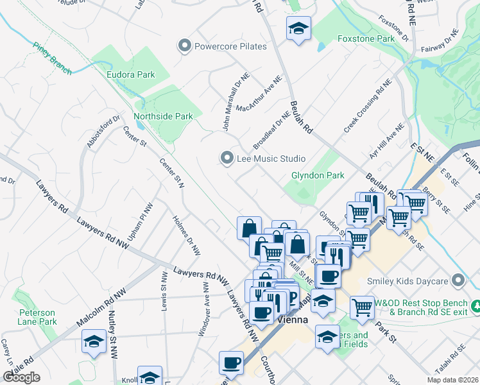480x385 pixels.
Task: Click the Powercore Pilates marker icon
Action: point(185,46)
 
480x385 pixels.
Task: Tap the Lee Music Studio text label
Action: point(270,158)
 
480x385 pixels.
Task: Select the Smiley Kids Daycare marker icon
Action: point(458,280)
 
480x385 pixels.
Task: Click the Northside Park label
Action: point(163,117)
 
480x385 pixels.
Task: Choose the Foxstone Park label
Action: point(366,39)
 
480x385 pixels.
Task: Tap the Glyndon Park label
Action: point(318,175)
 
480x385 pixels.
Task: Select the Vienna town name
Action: point(294,319)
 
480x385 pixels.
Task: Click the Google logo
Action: point(21,377)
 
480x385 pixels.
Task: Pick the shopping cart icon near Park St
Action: point(362,307)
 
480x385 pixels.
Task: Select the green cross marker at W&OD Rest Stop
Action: point(476,304)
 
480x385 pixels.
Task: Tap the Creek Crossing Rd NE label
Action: point(368,107)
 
